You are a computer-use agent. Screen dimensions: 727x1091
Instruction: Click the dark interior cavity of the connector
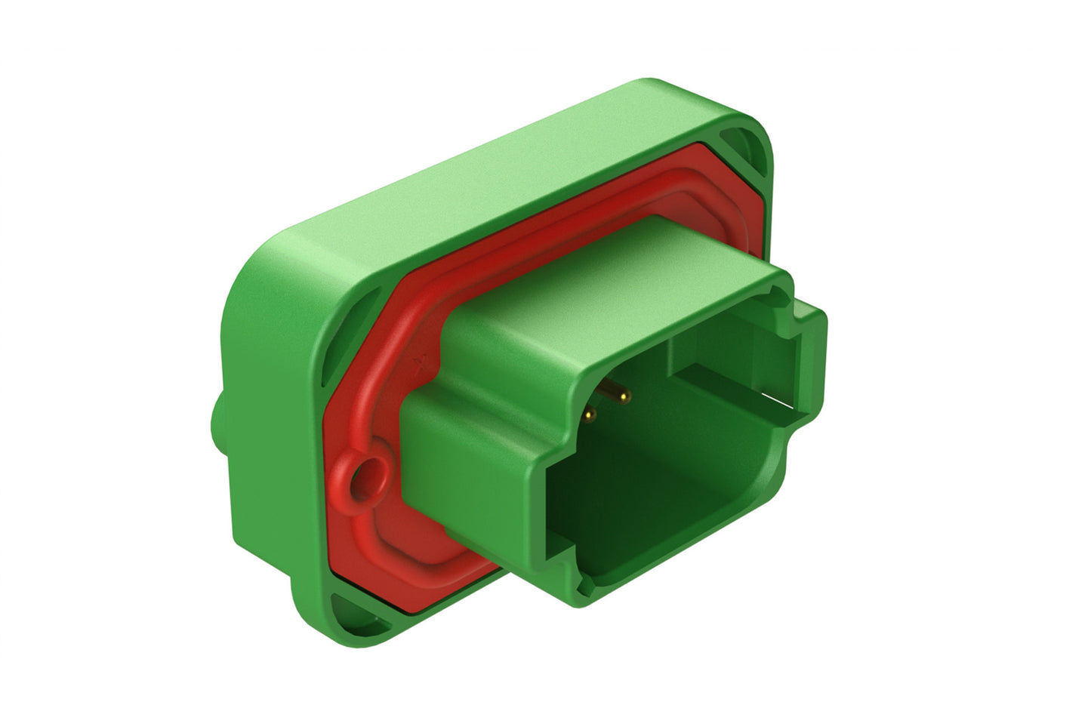664,483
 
